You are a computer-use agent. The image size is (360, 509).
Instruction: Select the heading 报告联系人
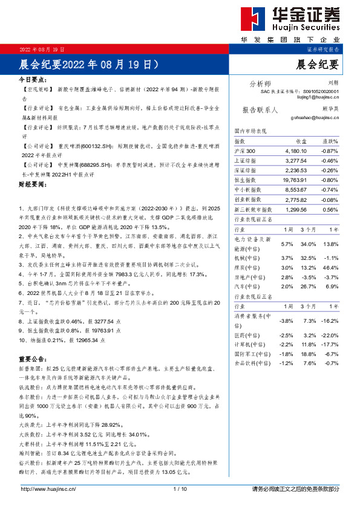tap(260, 110)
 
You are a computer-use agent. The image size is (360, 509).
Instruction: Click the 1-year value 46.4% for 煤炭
tap(347, 267)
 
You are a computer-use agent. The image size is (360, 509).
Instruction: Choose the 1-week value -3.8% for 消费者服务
tap(287, 320)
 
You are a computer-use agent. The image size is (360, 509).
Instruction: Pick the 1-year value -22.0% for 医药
tap(346, 335)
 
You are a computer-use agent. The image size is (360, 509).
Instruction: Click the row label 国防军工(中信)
tap(253, 354)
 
